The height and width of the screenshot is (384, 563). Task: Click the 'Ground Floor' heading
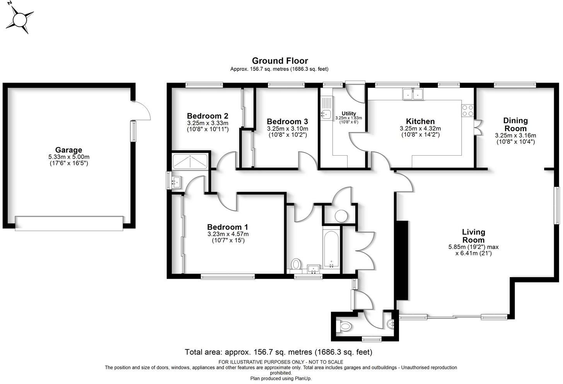[x=280, y=61]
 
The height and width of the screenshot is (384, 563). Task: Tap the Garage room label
[x=68, y=150]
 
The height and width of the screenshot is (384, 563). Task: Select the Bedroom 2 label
[x=207, y=116]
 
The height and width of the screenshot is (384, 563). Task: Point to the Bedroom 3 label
[x=287, y=122]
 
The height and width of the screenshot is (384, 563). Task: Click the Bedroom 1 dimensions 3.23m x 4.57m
[x=228, y=234]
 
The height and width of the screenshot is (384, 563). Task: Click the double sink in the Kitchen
[x=413, y=94]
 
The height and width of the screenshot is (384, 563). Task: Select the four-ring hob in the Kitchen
[x=467, y=110]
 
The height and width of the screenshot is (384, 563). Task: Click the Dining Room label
[x=515, y=124]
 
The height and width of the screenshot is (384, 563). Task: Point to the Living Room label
[x=473, y=236]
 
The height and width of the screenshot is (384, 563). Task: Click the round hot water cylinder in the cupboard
[x=341, y=216]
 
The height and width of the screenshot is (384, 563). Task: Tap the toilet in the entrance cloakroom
[x=345, y=326]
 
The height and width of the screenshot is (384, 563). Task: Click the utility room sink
[x=325, y=114]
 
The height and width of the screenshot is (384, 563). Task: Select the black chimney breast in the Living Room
[x=403, y=260]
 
